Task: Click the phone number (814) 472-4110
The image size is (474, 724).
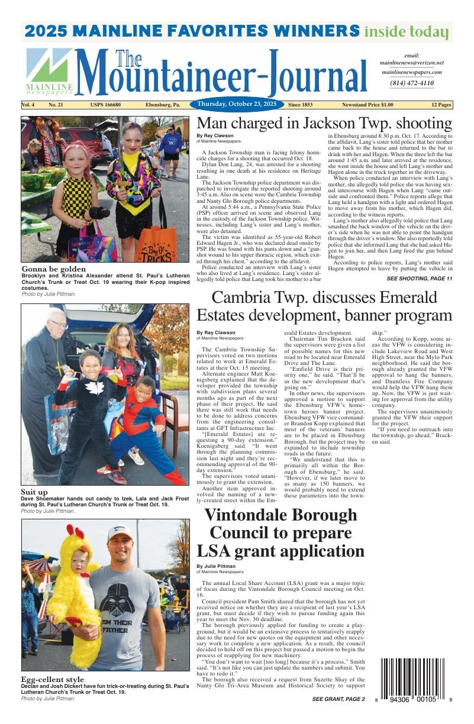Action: click(x=411, y=83)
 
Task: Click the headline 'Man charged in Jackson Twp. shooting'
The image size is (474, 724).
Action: click(x=324, y=124)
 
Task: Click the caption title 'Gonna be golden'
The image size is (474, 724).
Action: click(x=53, y=269)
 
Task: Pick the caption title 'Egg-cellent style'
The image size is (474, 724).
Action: click(x=53, y=679)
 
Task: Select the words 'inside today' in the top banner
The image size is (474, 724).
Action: click(x=406, y=31)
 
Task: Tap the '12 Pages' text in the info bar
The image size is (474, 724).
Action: click(x=441, y=105)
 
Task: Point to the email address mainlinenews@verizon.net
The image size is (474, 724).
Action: click(x=411, y=63)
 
